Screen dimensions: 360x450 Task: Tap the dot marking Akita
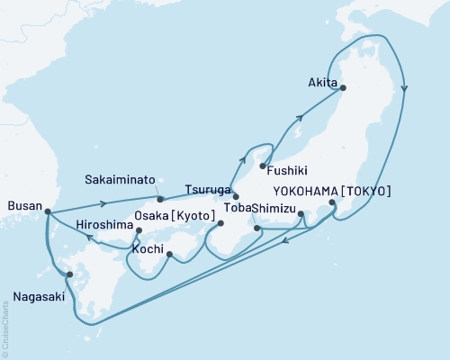coord(341,87)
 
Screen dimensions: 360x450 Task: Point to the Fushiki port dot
coord(262,166)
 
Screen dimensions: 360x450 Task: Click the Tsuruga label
coord(208,190)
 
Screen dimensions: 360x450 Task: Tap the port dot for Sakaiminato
coord(159,199)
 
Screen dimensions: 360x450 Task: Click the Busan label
coord(22,206)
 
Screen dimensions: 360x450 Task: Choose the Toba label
coord(236,208)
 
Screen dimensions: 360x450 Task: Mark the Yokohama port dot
coord(332,203)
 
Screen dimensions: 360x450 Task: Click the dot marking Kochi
coord(170,255)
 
